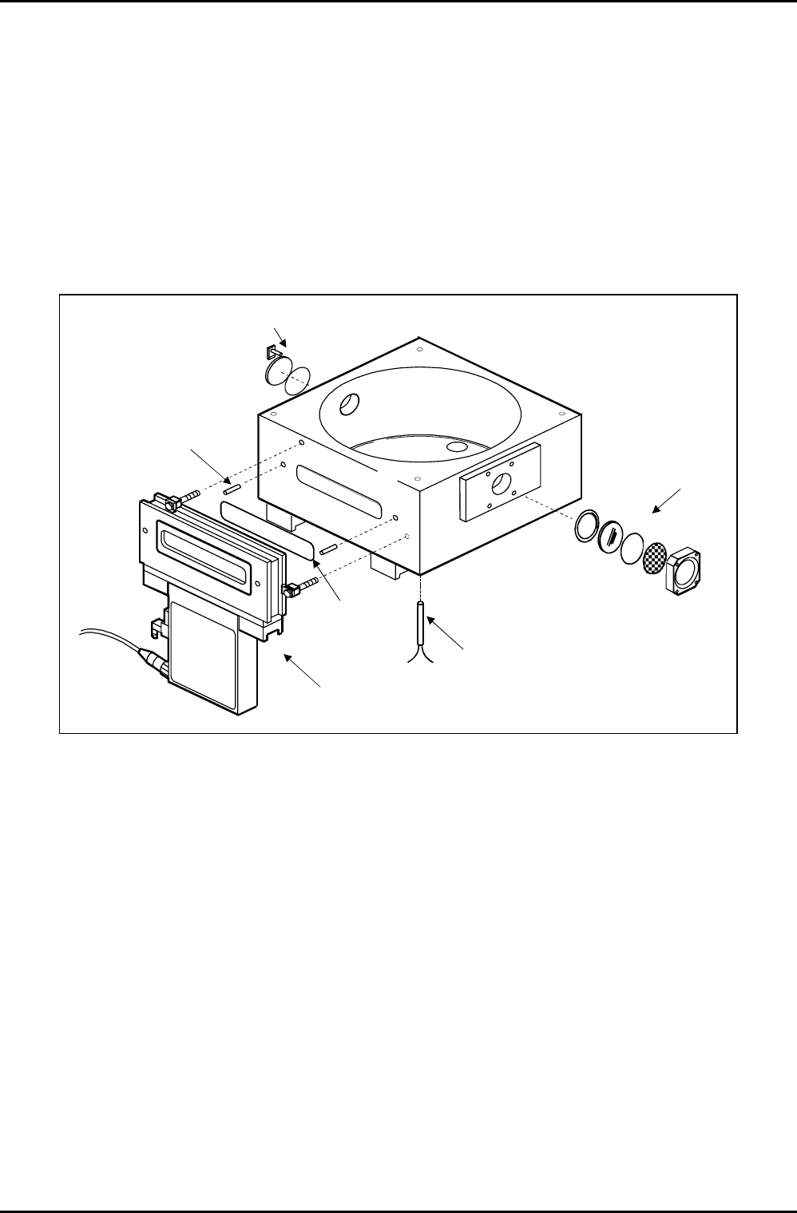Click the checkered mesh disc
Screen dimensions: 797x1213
(x=655, y=555)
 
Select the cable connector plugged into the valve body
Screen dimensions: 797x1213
(x=153, y=661)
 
